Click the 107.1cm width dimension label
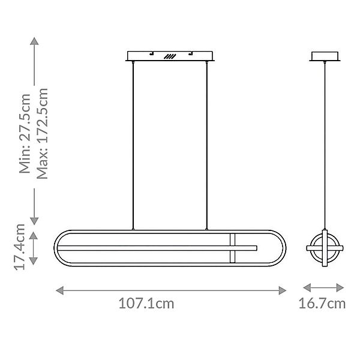[146, 304]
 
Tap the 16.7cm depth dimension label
[323, 304]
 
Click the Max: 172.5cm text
[42, 133]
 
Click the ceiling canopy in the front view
[170, 56]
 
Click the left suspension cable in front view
[133, 144]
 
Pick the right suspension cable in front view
[208, 144]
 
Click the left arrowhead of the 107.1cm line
[59, 290]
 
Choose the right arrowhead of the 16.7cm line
[341, 287]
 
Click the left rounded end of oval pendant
[58, 247]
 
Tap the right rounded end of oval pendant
[284, 247]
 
